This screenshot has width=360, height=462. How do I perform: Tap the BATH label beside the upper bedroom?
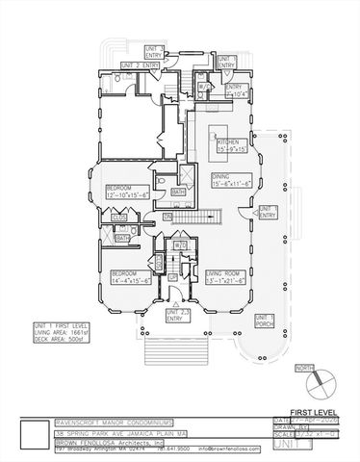tap(178, 192)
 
